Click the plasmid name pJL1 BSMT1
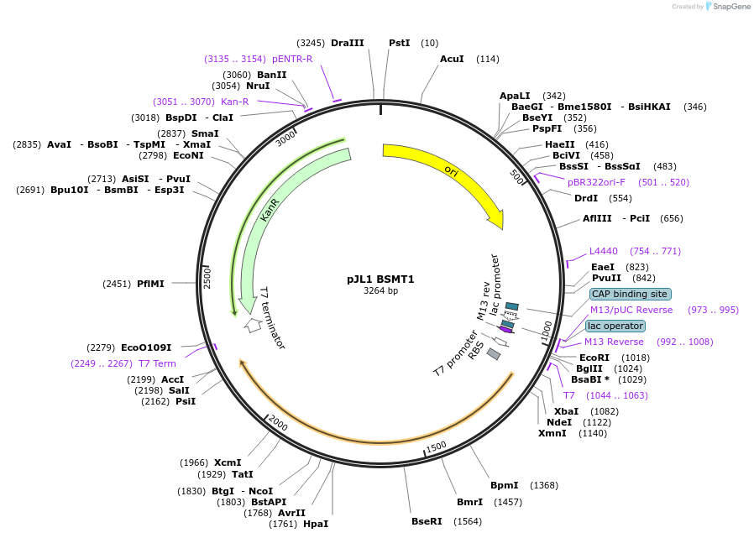pos(380,279)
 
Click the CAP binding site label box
pos(629,294)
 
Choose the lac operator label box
pos(615,326)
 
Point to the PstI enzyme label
pos(400,43)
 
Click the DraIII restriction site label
pos(348,43)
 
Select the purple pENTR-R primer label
pos(292,59)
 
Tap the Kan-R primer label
pos(235,102)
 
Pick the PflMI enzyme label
pos(150,284)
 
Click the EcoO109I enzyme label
pos(146,347)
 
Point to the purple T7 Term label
pos(158,363)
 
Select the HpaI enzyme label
pos(316,524)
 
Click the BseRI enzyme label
pos(427,521)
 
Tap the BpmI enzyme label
pos(505,485)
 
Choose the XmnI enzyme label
pos(552,433)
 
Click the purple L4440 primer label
pos(604,251)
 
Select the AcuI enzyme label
pos(452,59)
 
